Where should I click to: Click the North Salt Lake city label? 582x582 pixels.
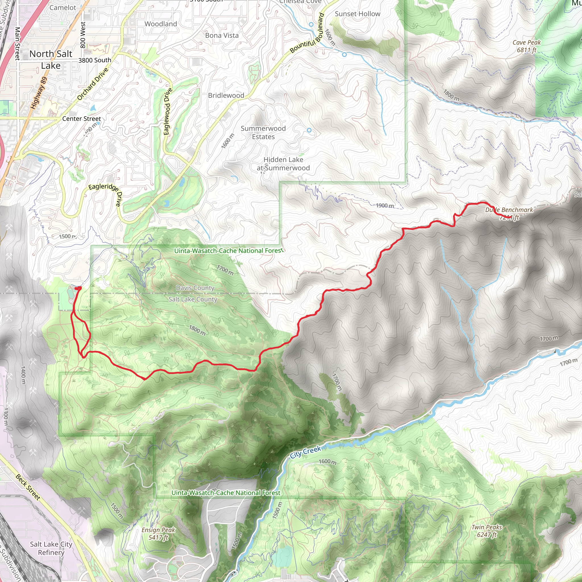51,60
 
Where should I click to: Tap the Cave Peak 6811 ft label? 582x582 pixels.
527,46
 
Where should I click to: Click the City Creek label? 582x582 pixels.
306,452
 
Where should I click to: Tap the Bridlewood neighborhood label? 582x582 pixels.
226,95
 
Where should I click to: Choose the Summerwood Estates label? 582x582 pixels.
263,132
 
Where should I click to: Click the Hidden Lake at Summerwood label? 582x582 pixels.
283,164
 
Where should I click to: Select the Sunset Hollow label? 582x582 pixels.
357,14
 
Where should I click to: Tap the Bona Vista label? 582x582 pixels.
222,36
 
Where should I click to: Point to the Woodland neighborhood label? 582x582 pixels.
161,24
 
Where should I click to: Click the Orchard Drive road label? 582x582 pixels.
92,84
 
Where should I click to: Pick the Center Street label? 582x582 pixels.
81,119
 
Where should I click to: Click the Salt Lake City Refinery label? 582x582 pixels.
51,548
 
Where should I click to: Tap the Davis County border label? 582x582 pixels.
195,288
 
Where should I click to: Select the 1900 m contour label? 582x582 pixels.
385,205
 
